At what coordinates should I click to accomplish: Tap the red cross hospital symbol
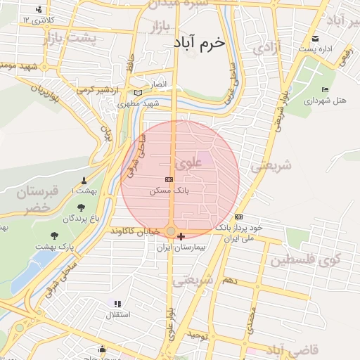(x=182, y=236)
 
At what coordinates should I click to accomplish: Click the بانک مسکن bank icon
(x=169, y=180)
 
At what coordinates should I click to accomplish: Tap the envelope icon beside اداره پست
(x=314, y=39)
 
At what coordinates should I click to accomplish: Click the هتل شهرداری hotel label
(x=325, y=101)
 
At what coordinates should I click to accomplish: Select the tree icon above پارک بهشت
(x=55, y=235)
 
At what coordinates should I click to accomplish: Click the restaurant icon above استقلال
(x=117, y=304)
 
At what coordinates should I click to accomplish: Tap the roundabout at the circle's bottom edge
(x=171, y=231)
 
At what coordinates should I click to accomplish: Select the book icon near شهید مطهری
(x=137, y=92)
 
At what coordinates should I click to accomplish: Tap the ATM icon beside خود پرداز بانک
(x=239, y=217)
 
